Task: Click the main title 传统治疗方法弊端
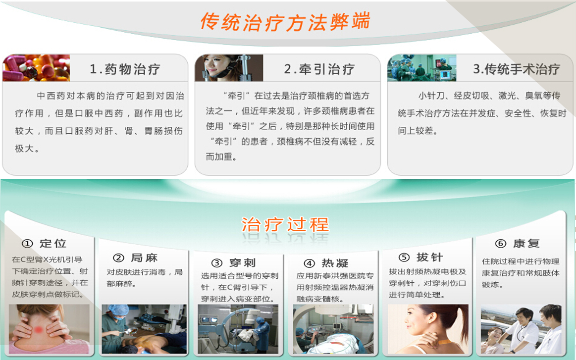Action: (285, 21)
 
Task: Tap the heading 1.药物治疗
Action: (125, 69)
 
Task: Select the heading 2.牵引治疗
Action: (319, 69)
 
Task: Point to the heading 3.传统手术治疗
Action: (517, 69)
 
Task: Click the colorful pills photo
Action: (36, 68)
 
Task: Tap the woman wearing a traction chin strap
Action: (229, 68)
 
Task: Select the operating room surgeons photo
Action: (421, 68)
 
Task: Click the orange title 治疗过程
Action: (285, 225)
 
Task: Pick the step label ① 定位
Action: (44, 243)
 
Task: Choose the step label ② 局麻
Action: (135, 258)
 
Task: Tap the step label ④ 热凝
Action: (326, 263)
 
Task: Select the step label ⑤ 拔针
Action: (421, 257)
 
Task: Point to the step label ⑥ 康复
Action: (518, 243)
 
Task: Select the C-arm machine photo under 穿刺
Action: (238, 329)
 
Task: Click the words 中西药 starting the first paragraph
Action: (52, 96)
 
